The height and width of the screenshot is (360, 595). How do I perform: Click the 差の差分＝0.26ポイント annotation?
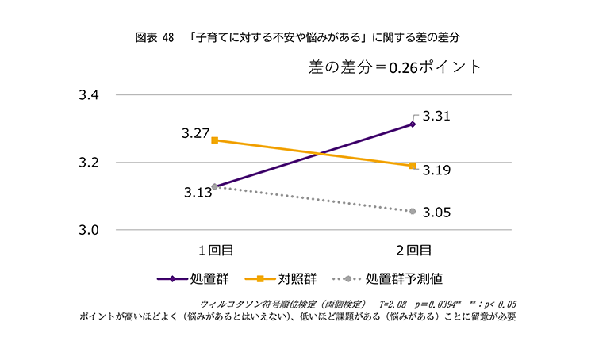click(x=394, y=67)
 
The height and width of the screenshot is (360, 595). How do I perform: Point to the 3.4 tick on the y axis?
click(x=88, y=95)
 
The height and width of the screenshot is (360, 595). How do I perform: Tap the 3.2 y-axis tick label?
click(x=88, y=163)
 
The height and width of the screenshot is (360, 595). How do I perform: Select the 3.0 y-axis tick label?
click(x=88, y=230)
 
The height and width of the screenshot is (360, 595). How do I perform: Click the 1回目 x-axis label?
click(x=215, y=251)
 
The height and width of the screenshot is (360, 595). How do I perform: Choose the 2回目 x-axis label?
click(x=413, y=251)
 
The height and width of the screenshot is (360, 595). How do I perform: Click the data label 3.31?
click(x=436, y=116)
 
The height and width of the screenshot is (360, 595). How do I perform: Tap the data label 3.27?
click(x=194, y=133)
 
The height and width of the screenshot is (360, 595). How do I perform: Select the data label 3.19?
click(x=436, y=170)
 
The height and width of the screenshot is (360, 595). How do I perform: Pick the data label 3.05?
click(x=436, y=212)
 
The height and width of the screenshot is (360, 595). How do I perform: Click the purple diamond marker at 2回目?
click(x=413, y=124)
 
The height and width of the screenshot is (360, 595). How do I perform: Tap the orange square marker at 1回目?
click(x=215, y=140)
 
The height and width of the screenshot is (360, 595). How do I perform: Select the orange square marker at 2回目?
click(x=413, y=166)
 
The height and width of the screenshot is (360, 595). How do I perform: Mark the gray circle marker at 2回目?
click(x=413, y=211)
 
